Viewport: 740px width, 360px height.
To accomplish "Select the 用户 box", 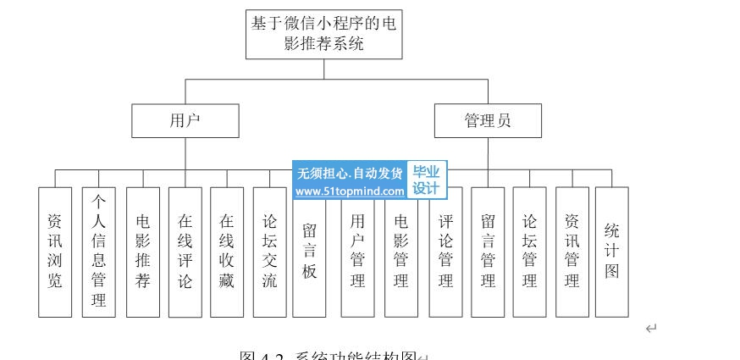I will (185, 120).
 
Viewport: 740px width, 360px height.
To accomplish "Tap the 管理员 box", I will (488, 120).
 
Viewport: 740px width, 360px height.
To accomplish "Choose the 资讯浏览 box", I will (55, 252).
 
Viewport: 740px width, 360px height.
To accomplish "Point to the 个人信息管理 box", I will (98, 252).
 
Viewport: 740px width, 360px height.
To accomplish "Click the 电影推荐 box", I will (142, 252).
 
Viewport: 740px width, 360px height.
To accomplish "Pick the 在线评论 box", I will (185, 252).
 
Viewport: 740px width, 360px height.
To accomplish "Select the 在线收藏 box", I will (227, 252).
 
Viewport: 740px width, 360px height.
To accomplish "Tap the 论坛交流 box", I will (269, 252).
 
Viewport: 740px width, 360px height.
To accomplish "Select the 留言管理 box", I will (488, 252).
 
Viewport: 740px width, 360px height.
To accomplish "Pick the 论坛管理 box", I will (529, 252).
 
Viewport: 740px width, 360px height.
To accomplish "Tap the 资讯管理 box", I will (572, 252).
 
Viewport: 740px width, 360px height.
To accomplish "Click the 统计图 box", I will (612, 252).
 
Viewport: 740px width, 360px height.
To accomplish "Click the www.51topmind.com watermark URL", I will (350, 192).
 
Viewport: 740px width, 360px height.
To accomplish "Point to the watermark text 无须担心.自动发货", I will (350, 173).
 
